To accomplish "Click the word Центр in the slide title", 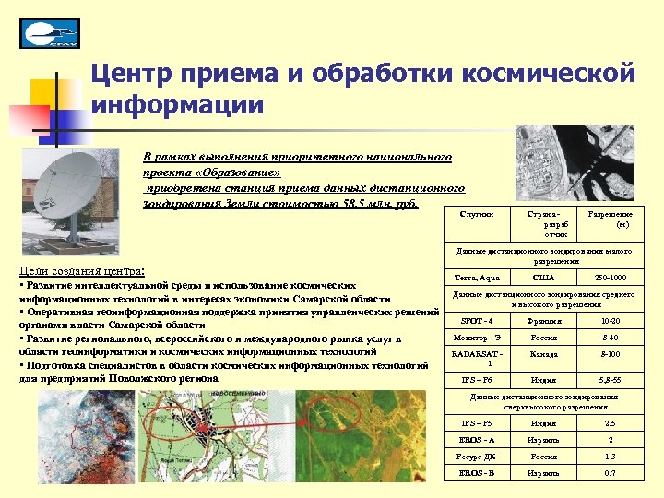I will click(141, 73).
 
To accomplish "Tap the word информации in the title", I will click(178, 102).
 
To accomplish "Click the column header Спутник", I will click(476, 213).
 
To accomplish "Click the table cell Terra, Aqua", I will click(478, 277).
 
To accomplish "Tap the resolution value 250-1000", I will click(610, 277).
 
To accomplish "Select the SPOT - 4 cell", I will click(477, 320).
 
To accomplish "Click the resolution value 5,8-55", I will click(610, 379).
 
